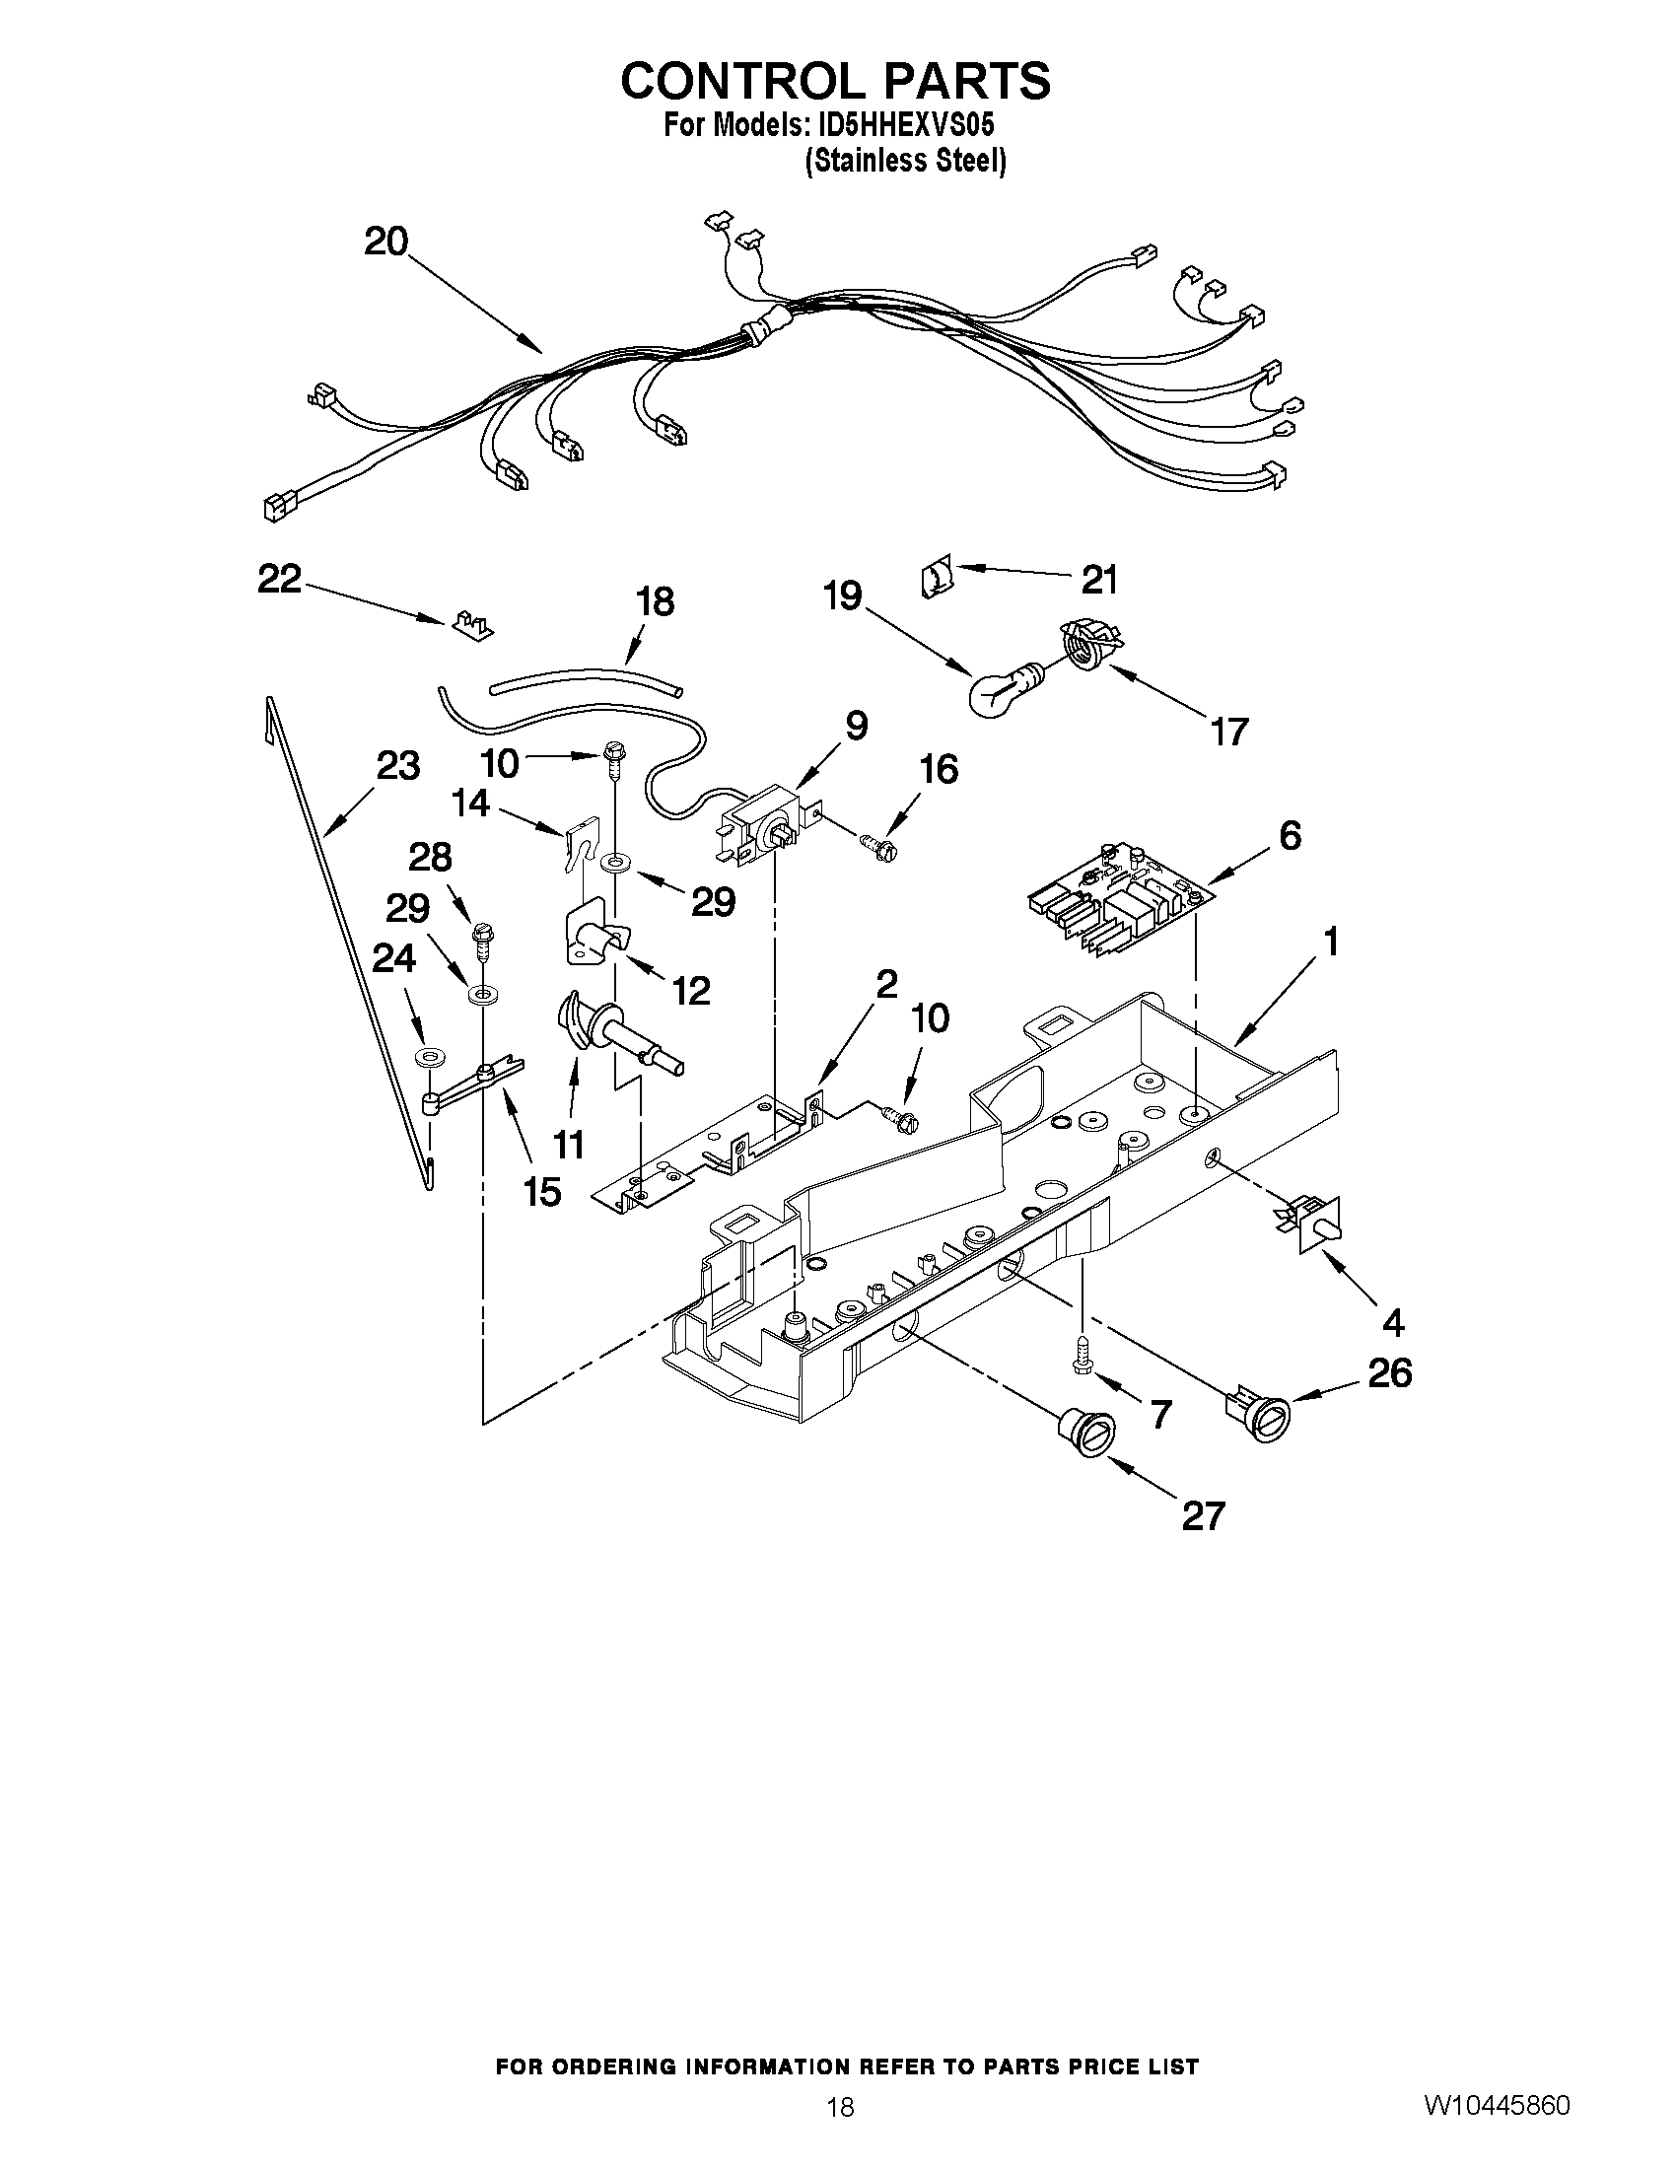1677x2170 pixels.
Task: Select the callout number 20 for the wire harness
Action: pos(385,242)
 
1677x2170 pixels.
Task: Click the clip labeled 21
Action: pos(937,579)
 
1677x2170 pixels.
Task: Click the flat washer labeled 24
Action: pos(428,1053)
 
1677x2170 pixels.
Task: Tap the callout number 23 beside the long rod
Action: pos(397,766)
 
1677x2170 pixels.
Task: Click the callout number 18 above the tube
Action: pos(654,601)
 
